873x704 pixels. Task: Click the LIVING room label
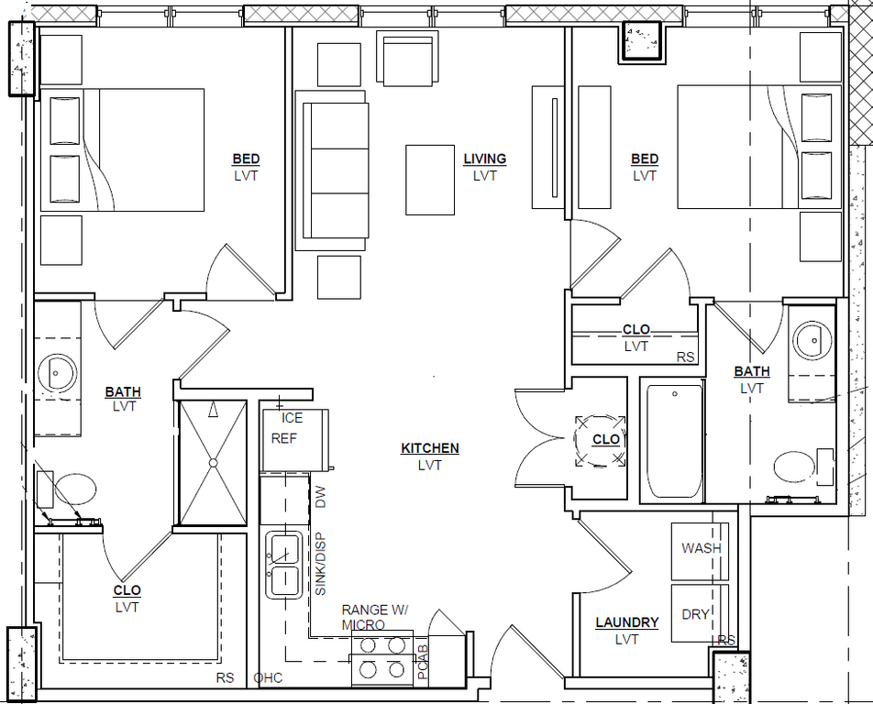point(485,159)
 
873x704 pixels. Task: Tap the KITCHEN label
point(430,448)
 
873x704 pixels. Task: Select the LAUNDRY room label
point(627,622)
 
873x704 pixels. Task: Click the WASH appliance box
point(700,552)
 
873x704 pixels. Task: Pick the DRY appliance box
point(700,612)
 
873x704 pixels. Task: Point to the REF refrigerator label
point(284,438)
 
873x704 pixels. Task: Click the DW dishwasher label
point(321,497)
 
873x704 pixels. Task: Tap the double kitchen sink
point(284,565)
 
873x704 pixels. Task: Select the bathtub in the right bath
point(675,441)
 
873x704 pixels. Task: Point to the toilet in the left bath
point(66,489)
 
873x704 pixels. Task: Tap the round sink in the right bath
point(812,341)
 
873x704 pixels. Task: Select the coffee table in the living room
point(430,180)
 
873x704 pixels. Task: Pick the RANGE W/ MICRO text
point(374,617)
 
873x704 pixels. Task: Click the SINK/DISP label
point(321,565)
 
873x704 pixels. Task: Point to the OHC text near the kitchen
point(268,678)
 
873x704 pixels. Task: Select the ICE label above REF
point(293,418)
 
